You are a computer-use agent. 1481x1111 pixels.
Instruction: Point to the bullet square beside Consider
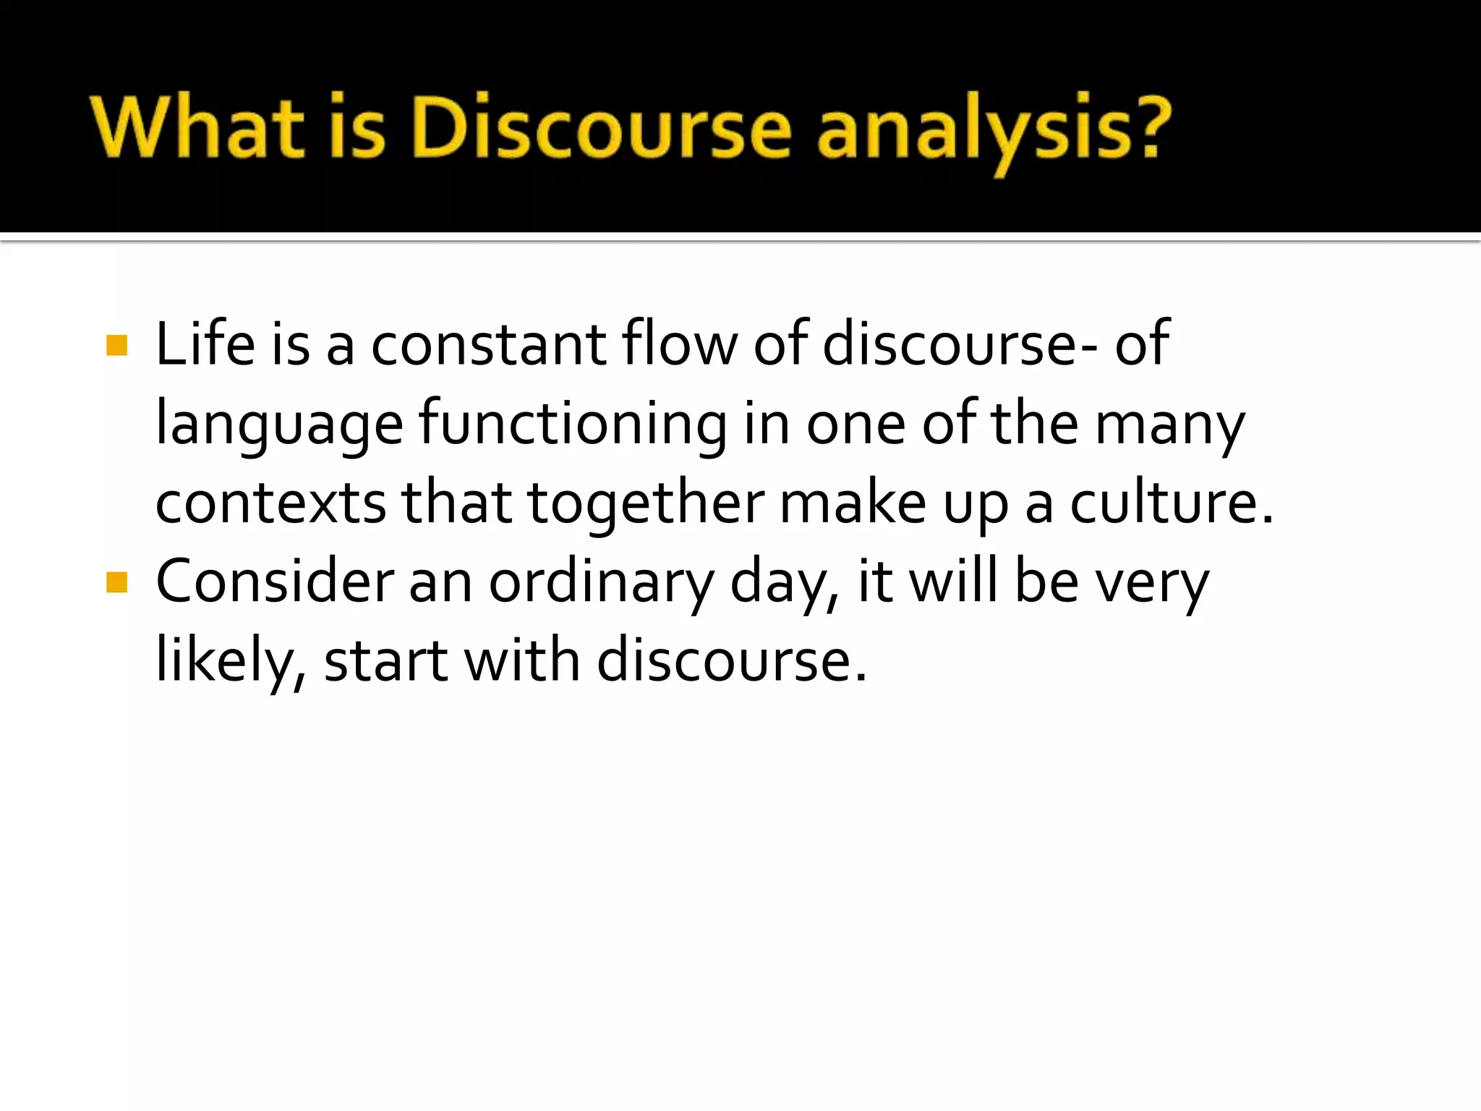(116, 582)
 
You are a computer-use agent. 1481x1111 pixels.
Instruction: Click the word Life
(205, 344)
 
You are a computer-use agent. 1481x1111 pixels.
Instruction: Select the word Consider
(276, 582)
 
